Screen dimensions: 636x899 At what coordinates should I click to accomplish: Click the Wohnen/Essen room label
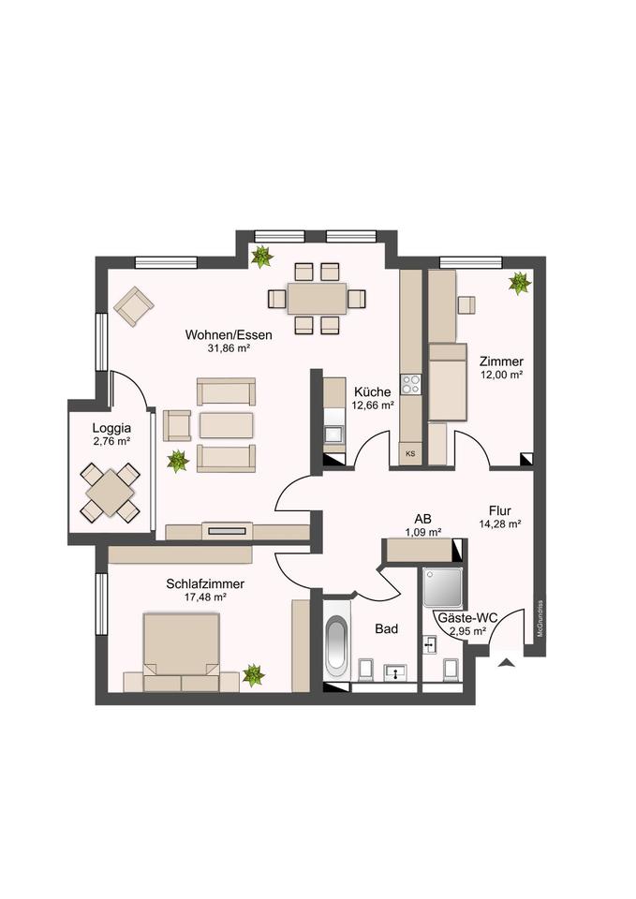pyautogui.click(x=229, y=335)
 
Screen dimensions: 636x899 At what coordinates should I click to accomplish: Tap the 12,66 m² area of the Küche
pyautogui.click(x=372, y=405)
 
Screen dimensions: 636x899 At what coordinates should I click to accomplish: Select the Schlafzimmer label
pyautogui.click(x=205, y=583)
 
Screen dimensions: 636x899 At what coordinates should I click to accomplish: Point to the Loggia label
pyautogui.click(x=111, y=428)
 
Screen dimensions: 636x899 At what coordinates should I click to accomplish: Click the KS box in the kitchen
pyautogui.click(x=410, y=453)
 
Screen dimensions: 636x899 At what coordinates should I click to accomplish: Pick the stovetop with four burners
pyautogui.click(x=410, y=384)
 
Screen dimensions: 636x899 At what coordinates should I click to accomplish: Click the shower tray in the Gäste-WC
pyautogui.click(x=443, y=588)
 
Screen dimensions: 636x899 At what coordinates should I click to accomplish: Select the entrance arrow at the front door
pyautogui.click(x=506, y=663)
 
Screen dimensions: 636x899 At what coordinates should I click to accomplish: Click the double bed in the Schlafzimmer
pyautogui.click(x=181, y=652)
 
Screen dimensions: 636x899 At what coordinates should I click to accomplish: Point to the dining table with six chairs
pyautogui.click(x=318, y=298)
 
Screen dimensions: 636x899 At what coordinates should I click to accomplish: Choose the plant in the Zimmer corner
pyautogui.click(x=520, y=283)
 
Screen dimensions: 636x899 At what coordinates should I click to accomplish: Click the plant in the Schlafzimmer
pyautogui.click(x=253, y=675)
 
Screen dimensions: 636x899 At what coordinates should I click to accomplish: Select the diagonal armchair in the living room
pyautogui.click(x=134, y=307)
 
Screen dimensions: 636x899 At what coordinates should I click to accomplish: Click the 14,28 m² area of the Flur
pyautogui.click(x=499, y=523)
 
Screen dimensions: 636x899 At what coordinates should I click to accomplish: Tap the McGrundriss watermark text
pyautogui.click(x=540, y=619)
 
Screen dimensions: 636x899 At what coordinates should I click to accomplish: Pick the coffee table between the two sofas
pyautogui.click(x=226, y=425)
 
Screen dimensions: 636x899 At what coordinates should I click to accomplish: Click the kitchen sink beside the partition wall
pyautogui.click(x=333, y=435)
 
